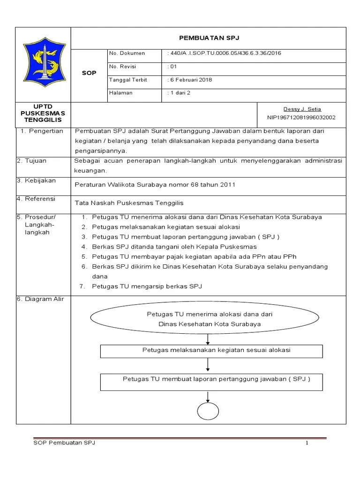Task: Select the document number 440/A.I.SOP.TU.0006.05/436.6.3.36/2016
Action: [x=226, y=53]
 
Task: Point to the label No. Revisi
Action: [x=123, y=67]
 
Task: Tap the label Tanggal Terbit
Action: [x=128, y=80]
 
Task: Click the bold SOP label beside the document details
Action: [x=89, y=73]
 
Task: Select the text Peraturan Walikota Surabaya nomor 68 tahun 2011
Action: [x=155, y=184]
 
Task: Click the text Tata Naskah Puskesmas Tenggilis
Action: [x=129, y=203]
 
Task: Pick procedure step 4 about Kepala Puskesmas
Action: [x=174, y=247]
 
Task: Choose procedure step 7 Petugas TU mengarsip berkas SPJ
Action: [x=147, y=286]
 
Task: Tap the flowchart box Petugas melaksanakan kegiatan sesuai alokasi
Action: [x=211, y=351]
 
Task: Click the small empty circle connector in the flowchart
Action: [x=208, y=412]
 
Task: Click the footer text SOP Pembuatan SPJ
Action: [x=65, y=443]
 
